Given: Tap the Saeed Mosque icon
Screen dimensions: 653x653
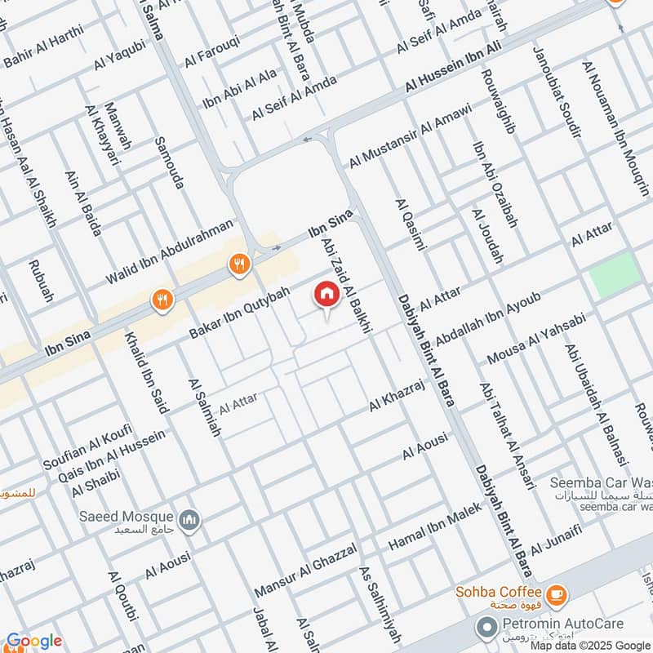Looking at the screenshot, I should click(x=190, y=520).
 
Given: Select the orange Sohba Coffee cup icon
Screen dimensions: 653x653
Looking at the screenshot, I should click(x=557, y=593).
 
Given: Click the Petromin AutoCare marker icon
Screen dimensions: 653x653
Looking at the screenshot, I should click(x=487, y=626).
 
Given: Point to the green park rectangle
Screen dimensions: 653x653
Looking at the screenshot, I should click(x=615, y=274).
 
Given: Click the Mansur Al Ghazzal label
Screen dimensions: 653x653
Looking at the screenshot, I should click(x=305, y=572).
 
